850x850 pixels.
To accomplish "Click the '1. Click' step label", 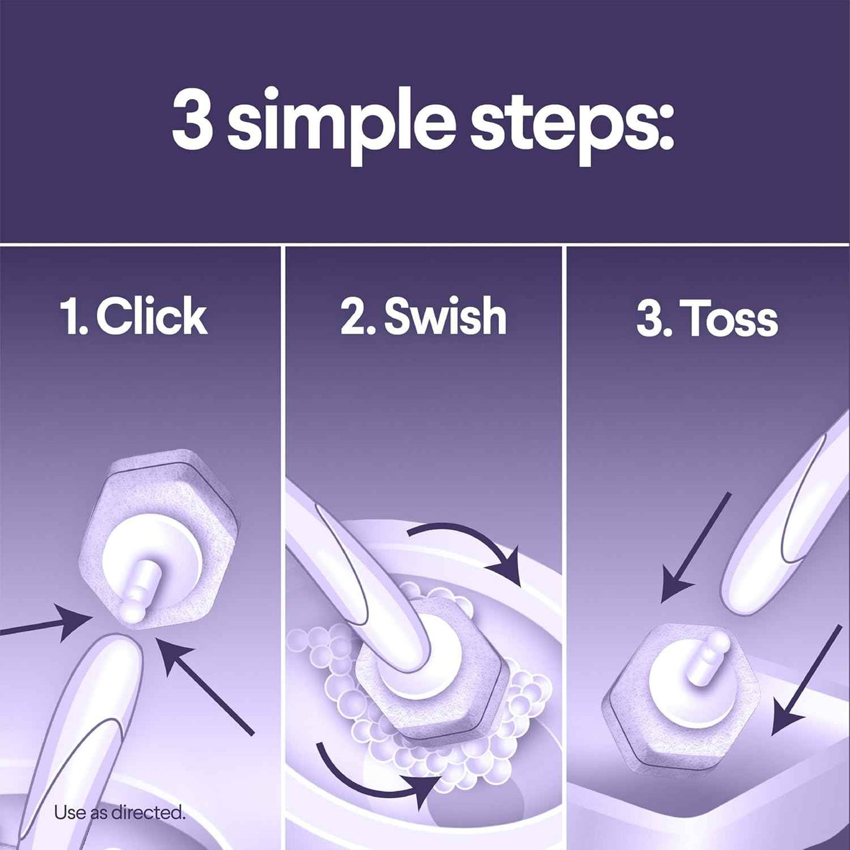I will (x=134, y=318).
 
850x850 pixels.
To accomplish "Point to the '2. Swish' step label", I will (x=424, y=318).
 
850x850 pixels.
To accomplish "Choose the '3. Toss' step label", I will (x=707, y=320).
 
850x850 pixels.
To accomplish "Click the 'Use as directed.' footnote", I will (x=119, y=813).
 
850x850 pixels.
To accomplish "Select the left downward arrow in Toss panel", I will (x=694, y=547).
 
